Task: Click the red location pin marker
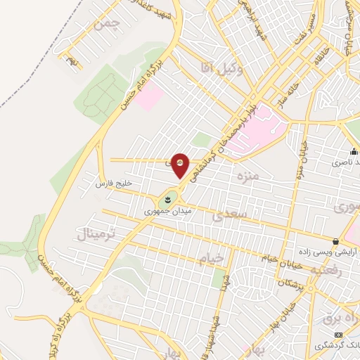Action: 181,165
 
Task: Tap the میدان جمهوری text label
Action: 162,210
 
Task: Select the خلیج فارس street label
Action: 114,184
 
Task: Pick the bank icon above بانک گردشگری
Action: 337,334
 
